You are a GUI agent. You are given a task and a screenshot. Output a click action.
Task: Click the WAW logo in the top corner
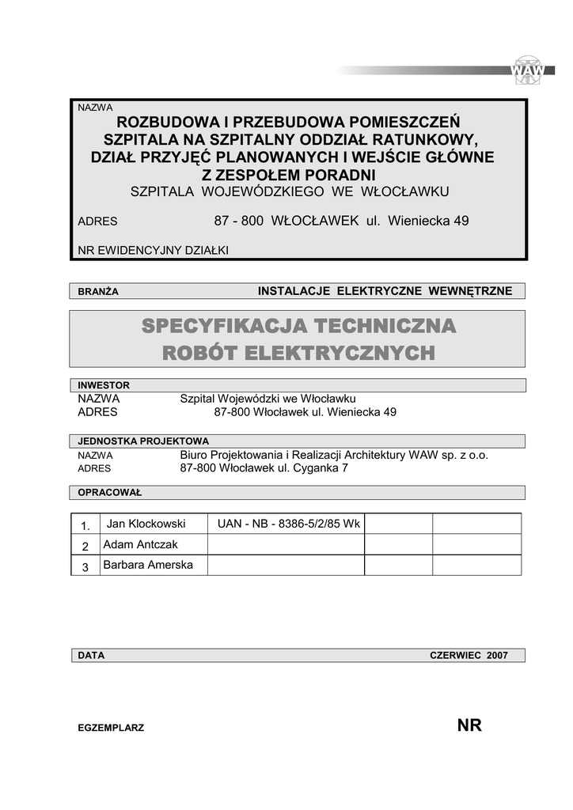tap(529, 70)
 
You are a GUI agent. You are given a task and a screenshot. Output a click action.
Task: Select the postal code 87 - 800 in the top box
tap(237, 221)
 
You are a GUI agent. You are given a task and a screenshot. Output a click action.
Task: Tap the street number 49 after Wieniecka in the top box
tap(461, 221)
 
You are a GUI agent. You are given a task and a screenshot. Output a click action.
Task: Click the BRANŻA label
tap(98, 292)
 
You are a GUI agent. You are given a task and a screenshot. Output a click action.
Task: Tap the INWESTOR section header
tap(104, 385)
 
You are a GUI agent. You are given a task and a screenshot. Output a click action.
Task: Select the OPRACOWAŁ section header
tap(109, 493)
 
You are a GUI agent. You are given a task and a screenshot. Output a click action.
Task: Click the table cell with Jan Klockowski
tap(146, 524)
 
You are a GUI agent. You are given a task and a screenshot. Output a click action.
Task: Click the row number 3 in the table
tap(85, 566)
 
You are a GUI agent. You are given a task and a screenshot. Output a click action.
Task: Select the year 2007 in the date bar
tap(498, 656)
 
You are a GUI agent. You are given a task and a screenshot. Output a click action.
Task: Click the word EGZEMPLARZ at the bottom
tap(111, 728)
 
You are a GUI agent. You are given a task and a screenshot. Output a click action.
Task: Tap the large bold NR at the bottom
tap(469, 726)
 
